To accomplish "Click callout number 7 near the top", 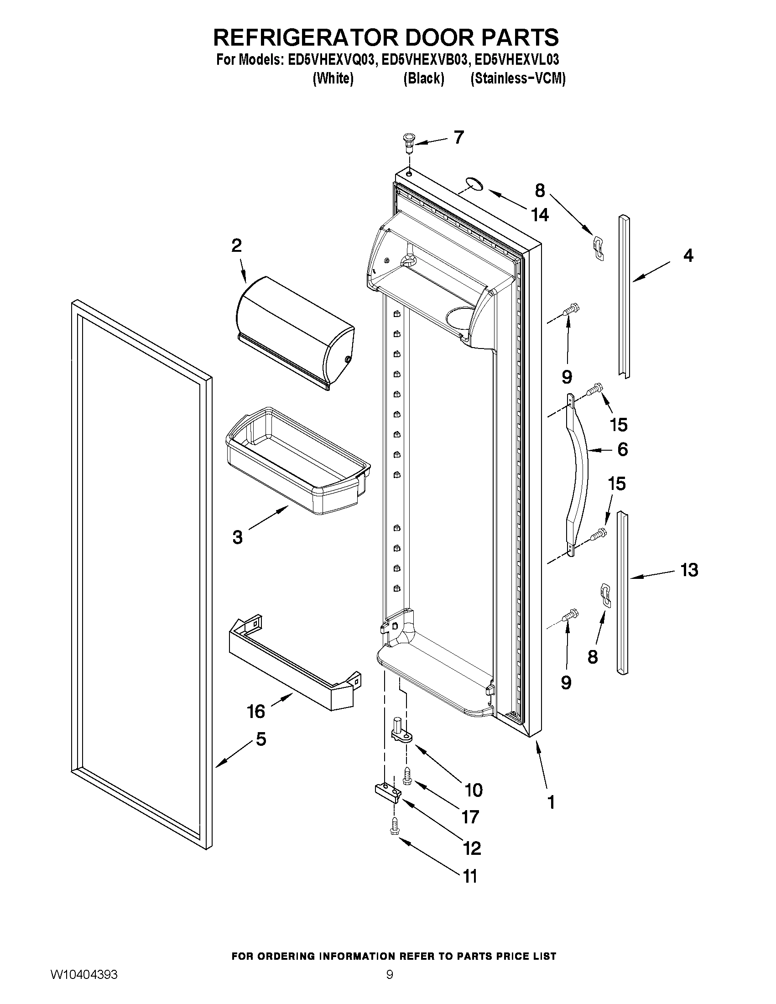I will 458,137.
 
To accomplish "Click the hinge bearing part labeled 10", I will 401,733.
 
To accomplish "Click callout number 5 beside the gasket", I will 260,739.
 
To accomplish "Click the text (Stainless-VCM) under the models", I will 518,79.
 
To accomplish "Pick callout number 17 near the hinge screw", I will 470,817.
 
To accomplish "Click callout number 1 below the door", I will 551,802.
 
